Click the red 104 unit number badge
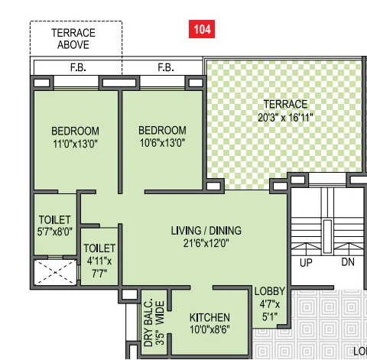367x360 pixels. tap(202, 30)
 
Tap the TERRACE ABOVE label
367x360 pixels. tap(73, 38)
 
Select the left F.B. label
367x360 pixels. tap(78, 68)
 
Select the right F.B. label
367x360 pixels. tap(166, 68)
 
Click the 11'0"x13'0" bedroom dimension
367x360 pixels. tap(75, 143)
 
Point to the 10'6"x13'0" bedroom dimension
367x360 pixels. tap(163, 143)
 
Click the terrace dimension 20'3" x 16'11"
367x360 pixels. tap(285, 117)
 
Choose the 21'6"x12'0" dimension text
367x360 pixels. tap(206, 244)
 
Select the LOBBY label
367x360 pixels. tap(270, 290)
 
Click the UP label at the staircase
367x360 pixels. tap(306, 262)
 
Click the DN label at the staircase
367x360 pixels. tap(347, 262)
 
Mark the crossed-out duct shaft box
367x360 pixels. tap(55, 272)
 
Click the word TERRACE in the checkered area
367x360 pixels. tap(285, 104)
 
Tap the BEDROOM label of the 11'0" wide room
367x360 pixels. tap(75, 131)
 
